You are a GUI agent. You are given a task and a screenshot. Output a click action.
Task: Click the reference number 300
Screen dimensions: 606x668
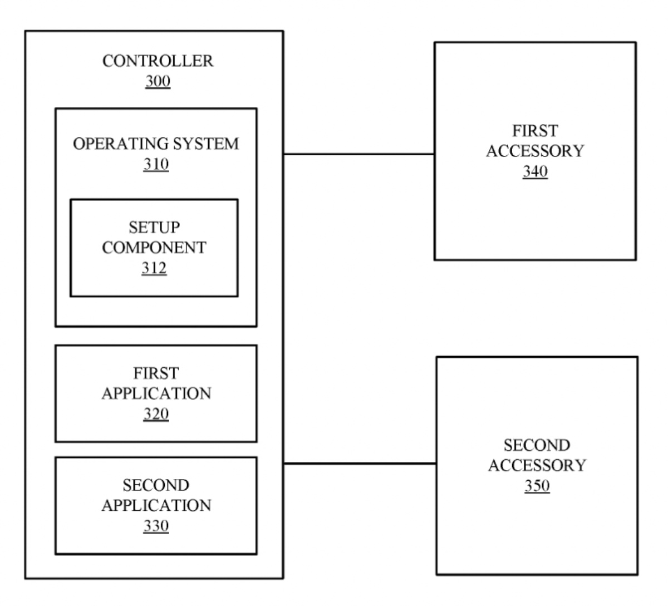[x=158, y=82]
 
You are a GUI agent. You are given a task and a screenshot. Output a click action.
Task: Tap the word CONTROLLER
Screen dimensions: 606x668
[x=158, y=61]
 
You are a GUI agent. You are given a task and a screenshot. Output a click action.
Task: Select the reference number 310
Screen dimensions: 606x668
[x=156, y=165]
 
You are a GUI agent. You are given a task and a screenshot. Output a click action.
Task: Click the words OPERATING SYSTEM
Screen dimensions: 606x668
[x=156, y=144]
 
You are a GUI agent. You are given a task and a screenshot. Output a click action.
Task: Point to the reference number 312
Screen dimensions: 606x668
[x=154, y=268]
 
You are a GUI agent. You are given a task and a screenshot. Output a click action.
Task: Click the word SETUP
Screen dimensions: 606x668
[x=154, y=227]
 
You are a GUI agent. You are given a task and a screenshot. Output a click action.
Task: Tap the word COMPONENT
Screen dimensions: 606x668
[x=154, y=248]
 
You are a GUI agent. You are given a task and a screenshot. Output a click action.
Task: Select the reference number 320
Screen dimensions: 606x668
[x=156, y=414]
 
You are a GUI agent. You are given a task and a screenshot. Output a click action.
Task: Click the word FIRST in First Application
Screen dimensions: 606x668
[x=156, y=373]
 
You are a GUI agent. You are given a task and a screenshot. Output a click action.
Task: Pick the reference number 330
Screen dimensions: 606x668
[x=156, y=526]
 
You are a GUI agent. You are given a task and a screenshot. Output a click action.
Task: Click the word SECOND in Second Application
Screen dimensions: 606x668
[x=156, y=485]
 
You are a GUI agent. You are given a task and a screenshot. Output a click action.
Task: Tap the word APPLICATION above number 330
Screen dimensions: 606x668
[x=156, y=505]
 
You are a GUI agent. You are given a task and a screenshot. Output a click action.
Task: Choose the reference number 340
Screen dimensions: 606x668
[x=535, y=172]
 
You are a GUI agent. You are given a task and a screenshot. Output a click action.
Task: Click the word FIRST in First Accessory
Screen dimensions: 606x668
[x=535, y=131]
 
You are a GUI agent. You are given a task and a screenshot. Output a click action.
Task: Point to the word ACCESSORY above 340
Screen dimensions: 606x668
[x=535, y=151]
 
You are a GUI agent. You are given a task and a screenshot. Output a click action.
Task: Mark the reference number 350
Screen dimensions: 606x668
[x=537, y=486]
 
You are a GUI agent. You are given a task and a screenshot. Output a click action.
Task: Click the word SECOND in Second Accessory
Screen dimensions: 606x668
[x=537, y=445]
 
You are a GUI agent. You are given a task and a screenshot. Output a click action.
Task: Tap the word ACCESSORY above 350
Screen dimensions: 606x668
[x=537, y=465]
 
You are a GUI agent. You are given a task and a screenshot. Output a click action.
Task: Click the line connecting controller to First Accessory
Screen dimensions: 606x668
[x=359, y=154]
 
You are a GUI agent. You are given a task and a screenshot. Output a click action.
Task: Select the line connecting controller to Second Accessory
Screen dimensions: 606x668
[x=360, y=463]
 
